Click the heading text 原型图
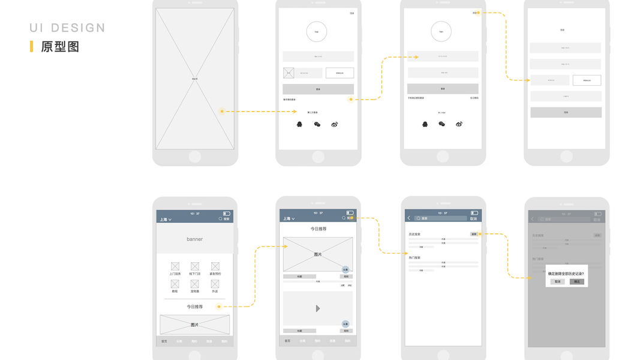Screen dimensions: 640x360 point(60,46)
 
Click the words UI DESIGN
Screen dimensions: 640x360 point(67,28)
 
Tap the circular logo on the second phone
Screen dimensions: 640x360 point(317,31)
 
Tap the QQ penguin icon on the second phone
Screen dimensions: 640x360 point(300,124)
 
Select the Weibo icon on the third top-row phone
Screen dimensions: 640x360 point(459,124)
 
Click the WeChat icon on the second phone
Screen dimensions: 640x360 point(317,124)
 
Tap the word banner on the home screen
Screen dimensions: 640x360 point(194,239)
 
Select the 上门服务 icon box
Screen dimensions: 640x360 point(175,266)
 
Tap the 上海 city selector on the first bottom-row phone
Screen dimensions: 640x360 point(165,220)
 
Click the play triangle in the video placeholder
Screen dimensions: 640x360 point(318,308)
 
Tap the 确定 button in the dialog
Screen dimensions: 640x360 point(576,281)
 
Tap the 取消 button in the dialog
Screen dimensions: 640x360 point(557,281)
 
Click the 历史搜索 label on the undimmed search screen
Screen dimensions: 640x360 point(414,234)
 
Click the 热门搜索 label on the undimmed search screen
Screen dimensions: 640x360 point(414,257)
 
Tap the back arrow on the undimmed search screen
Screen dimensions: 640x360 point(409,218)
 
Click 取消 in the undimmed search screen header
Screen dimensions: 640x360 point(473,219)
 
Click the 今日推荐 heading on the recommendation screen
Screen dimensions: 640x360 point(319,229)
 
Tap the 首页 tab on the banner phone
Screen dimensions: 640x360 point(164,341)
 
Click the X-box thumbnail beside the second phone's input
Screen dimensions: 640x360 point(289,73)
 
